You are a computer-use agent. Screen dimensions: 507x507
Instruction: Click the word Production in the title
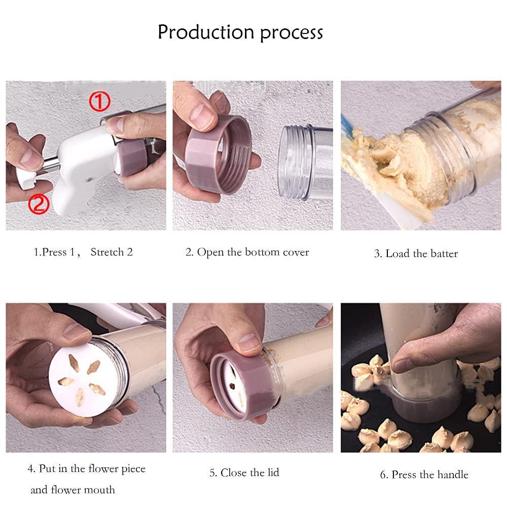click(206, 32)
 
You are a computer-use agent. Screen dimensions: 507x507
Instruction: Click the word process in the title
click(292, 33)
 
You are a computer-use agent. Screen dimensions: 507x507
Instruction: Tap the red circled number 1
click(99, 101)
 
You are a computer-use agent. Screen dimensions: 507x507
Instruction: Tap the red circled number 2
click(39, 204)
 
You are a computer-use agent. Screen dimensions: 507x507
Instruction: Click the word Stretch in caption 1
click(107, 252)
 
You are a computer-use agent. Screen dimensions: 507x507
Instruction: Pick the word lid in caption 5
click(273, 473)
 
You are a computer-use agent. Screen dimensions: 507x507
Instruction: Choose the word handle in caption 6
click(453, 475)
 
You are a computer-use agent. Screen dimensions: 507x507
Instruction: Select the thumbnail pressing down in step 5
click(248, 343)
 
